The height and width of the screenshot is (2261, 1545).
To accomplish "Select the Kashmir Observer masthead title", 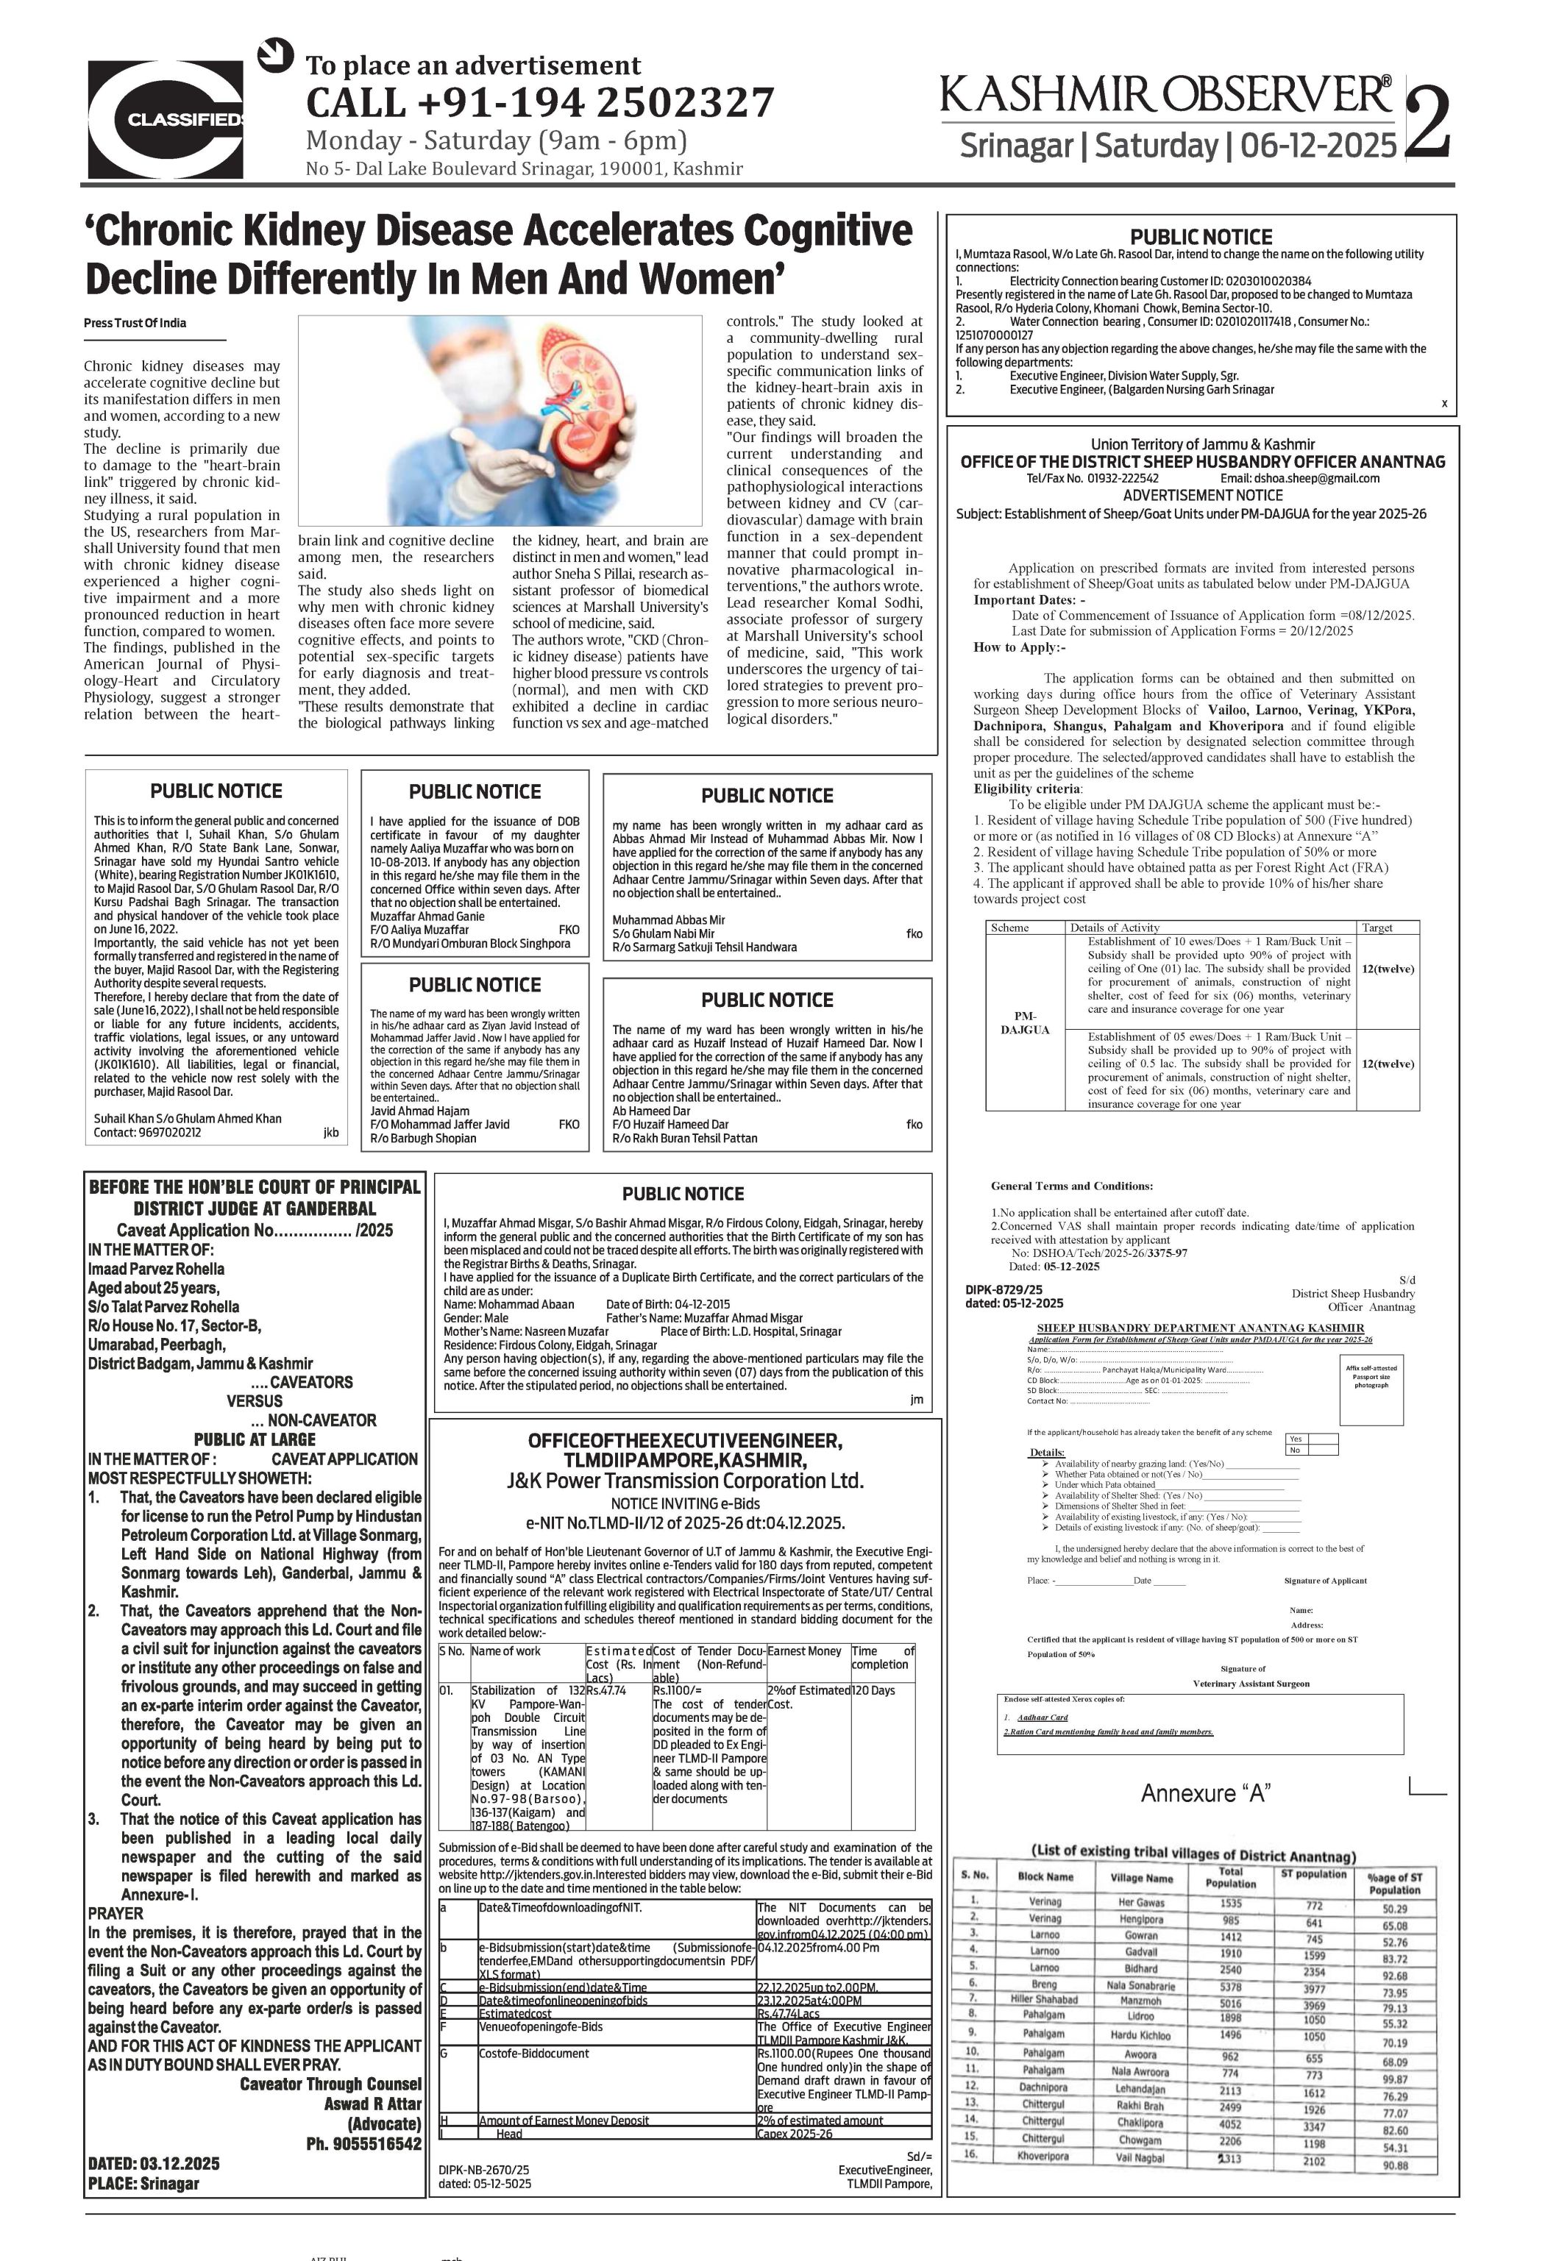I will (x=1165, y=96).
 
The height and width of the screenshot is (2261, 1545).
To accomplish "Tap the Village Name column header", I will (x=1140, y=1878).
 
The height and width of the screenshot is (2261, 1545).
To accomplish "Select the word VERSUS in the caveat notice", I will (x=254, y=1401).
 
